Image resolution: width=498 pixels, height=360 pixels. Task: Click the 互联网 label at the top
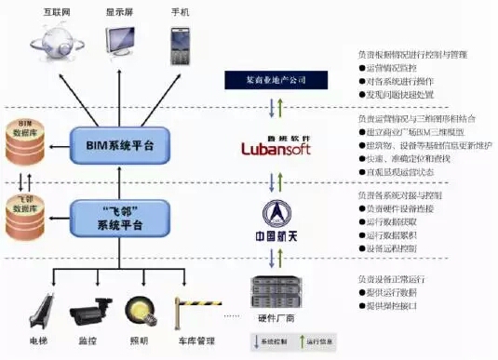(59, 11)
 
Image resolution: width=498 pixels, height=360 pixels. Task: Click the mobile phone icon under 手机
(181, 41)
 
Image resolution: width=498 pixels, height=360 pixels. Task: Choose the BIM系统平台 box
(120, 146)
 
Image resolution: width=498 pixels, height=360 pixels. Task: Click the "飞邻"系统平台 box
(120, 217)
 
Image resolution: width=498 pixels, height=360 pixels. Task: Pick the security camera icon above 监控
(89, 312)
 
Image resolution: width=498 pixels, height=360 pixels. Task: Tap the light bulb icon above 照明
(139, 309)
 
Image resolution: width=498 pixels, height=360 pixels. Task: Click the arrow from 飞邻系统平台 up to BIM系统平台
(120, 181)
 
